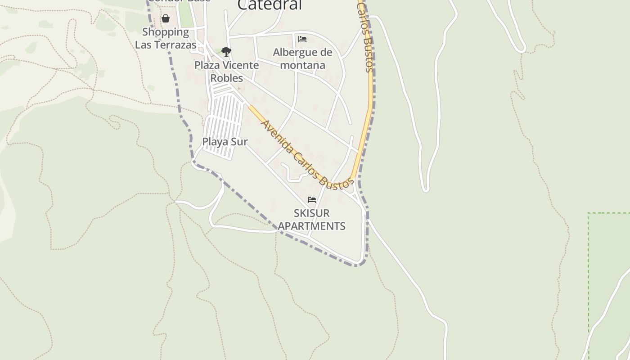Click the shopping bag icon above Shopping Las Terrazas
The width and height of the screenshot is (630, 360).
[166, 18]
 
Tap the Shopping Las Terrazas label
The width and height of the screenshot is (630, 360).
[166, 38]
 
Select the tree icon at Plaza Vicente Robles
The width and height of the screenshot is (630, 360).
[226, 51]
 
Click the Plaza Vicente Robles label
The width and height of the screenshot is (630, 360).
[227, 72]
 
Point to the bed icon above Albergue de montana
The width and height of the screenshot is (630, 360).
[302, 39]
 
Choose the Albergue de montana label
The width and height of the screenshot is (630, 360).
[302, 58]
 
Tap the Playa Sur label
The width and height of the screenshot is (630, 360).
[225, 142]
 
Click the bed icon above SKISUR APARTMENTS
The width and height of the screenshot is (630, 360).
[312, 200]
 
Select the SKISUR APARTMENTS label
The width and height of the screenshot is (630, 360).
[311, 219]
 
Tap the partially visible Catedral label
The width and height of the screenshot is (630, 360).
[269, 5]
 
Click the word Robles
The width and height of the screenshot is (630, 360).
[227, 78]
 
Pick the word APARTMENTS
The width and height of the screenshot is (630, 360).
[311, 226]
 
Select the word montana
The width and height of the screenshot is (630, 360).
[302, 65]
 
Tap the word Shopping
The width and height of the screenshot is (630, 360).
[166, 32]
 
